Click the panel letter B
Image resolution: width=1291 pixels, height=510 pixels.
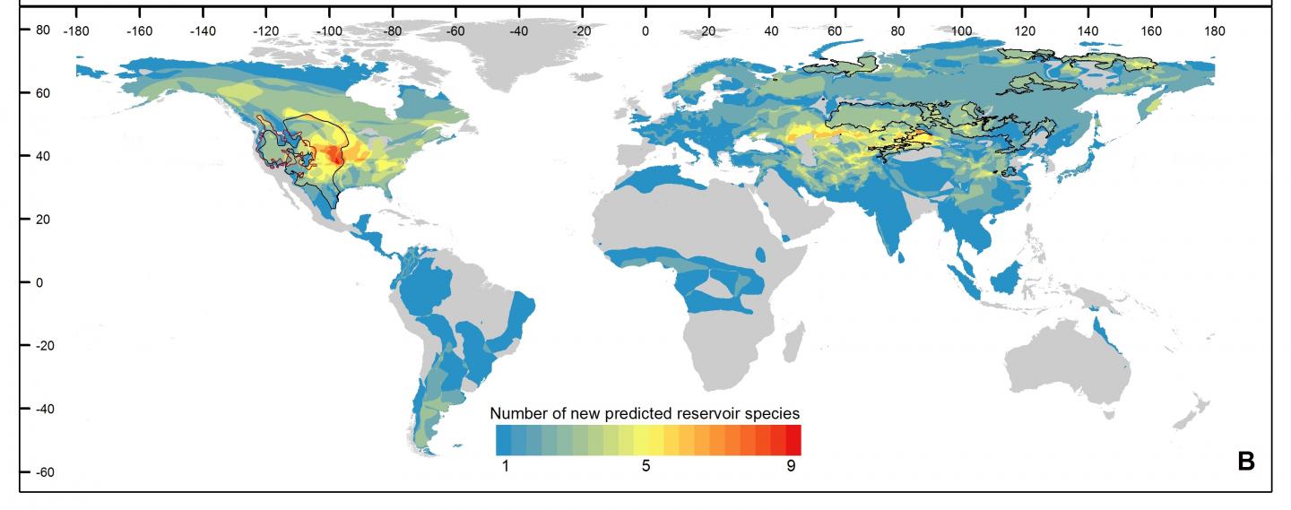(x=1245, y=462)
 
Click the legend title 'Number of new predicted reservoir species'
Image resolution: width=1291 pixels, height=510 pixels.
(x=645, y=413)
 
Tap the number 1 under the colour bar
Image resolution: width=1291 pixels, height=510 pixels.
(x=504, y=466)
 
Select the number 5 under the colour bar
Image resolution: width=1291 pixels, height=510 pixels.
(x=645, y=466)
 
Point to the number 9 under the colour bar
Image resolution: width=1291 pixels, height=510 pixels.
(x=791, y=466)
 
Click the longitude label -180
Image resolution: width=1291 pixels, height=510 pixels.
(x=76, y=31)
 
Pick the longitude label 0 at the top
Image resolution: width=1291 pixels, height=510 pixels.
(x=645, y=31)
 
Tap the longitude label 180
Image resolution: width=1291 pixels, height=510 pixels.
(x=1214, y=31)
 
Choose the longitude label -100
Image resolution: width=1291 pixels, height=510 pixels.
(x=329, y=31)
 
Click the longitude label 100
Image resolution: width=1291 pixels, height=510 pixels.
(x=961, y=31)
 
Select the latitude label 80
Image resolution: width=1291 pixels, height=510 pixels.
(x=42, y=30)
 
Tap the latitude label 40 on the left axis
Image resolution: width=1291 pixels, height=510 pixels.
(x=42, y=156)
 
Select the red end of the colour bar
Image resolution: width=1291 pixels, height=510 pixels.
(x=793, y=440)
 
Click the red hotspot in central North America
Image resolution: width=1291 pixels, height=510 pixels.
(x=334, y=155)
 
